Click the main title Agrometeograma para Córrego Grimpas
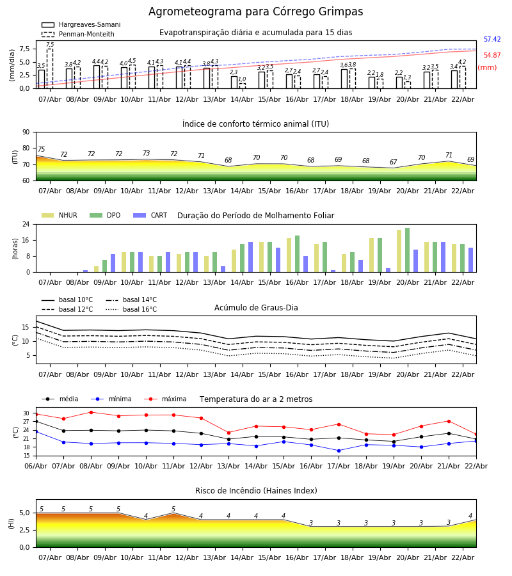point(255,12)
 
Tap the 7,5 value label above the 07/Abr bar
point(50,45)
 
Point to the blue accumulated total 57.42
point(492,40)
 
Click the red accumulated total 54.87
point(492,56)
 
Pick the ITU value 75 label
point(42,150)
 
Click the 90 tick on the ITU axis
point(26,132)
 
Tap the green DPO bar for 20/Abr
point(407,250)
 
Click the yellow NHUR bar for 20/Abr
point(399,251)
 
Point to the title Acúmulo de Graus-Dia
point(256,308)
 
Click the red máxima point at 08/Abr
point(91,412)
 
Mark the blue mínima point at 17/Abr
point(339,451)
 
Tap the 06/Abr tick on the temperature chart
point(36,465)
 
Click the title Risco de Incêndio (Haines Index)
point(256,491)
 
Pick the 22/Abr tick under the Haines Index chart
point(463,557)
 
